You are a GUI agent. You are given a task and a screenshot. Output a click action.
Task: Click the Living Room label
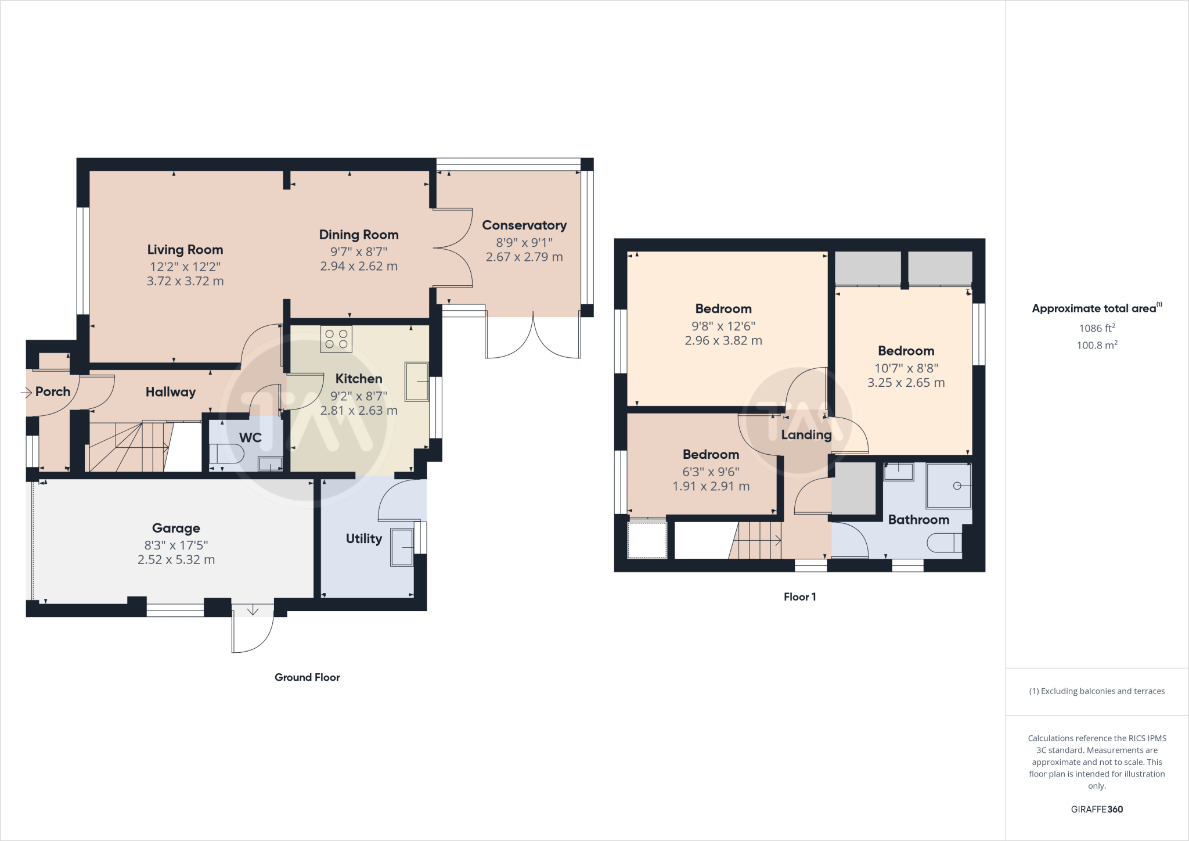pyautogui.click(x=185, y=250)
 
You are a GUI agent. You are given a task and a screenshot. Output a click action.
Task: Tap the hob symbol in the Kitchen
pyautogui.click(x=336, y=339)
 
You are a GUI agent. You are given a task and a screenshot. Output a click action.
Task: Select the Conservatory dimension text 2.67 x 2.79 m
pyautogui.click(x=524, y=257)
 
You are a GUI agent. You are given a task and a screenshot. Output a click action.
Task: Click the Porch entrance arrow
pyautogui.click(x=26, y=393)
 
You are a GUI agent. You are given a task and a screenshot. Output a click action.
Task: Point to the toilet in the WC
pyautogui.click(x=227, y=454)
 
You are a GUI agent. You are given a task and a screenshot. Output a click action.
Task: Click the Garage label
pyautogui.click(x=176, y=528)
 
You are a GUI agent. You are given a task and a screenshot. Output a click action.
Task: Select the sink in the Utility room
pyautogui.click(x=402, y=547)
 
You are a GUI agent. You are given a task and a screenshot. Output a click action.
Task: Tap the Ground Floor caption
pyautogui.click(x=307, y=677)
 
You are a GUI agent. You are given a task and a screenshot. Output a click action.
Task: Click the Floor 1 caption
pyautogui.click(x=799, y=597)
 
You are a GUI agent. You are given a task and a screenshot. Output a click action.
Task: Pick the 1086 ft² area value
pyautogui.click(x=1097, y=328)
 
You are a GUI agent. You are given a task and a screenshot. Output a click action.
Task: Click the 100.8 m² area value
pyautogui.click(x=1097, y=345)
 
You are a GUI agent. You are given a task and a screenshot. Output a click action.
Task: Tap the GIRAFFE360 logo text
pyautogui.click(x=1097, y=809)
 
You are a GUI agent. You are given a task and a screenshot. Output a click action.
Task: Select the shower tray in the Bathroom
pyautogui.click(x=949, y=486)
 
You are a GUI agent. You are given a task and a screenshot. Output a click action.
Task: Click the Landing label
pyautogui.click(x=806, y=435)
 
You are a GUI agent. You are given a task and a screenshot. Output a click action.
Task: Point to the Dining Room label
pyautogui.click(x=359, y=235)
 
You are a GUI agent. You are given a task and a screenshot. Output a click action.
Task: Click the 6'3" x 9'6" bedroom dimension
pyautogui.click(x=711, y=472)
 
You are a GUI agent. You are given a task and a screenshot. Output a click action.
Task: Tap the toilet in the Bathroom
pyautogui.click(x=943, y=544)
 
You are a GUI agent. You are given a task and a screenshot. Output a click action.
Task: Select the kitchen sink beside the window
pyautogui.click(x=416, y=382)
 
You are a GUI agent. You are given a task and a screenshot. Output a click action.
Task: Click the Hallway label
pyautogui.click(x=170, y=392)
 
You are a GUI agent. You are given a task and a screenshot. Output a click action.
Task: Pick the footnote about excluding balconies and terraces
pyautogui.click(x=1097, y=691)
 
